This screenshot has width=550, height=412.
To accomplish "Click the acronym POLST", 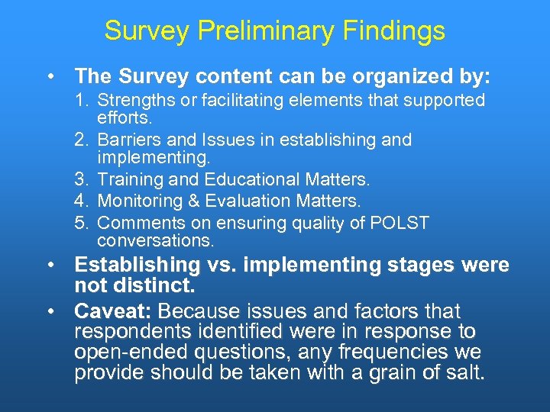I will click(x=400, y=223).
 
